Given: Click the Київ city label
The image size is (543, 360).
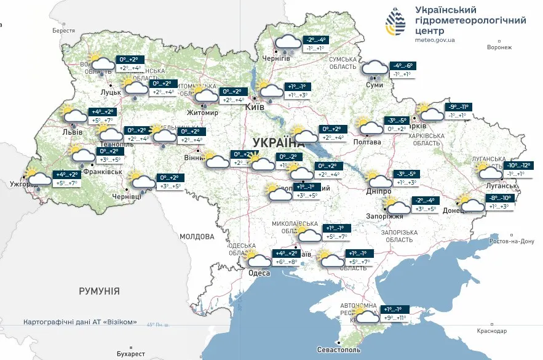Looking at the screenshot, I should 255,107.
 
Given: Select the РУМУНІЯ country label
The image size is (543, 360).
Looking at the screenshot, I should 99,291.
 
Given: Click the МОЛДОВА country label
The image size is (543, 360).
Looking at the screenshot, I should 197,236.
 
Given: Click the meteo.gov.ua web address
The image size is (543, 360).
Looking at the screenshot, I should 435,39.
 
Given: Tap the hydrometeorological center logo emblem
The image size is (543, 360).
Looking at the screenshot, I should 395,22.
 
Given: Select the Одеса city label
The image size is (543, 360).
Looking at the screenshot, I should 259,273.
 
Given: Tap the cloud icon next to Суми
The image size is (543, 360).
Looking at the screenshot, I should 375,69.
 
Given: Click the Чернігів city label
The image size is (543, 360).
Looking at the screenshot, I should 276,58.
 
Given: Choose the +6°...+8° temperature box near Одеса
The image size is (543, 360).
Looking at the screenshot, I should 286,262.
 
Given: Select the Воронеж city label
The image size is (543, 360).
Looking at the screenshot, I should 499,47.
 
